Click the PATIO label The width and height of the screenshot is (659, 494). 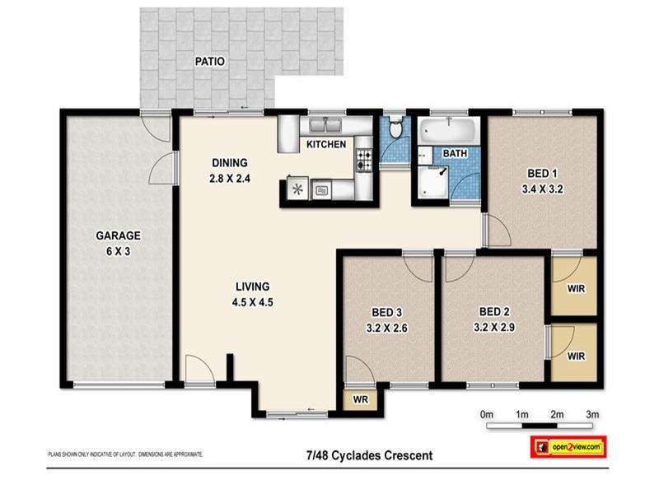point(209,61)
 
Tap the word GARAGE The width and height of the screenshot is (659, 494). point(117,235)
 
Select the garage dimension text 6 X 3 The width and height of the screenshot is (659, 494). point(117,251)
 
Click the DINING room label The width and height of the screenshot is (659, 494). point(229,162)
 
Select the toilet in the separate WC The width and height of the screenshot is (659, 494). point(396,128)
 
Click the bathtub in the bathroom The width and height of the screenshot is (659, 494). point(446,130)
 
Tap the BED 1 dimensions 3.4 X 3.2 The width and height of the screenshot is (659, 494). point(543,189)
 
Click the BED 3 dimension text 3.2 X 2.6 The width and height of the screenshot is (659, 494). point(386,328)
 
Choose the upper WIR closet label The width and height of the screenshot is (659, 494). point(577,289)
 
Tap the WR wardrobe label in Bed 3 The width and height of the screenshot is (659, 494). point(359,399)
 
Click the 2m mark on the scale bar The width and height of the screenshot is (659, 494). point(557,413)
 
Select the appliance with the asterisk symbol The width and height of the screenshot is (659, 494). point(297,189)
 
